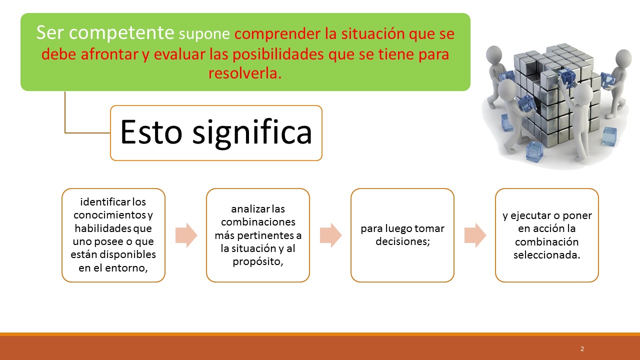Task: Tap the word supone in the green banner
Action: coord(204,34)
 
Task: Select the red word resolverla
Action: coord(245,73)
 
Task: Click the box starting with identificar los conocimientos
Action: coord(113,235)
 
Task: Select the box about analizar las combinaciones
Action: coord(258,235)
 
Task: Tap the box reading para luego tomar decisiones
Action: coord(402,235)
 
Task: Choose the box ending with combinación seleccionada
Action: coord(547,235)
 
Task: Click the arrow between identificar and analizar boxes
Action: coord(186,235)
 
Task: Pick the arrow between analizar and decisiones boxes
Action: coord(330,235)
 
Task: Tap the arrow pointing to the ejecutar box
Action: coord(475,235)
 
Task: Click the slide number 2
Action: coord(582,349)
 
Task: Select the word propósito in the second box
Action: coord(258,261)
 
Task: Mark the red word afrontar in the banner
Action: coord(107,54)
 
